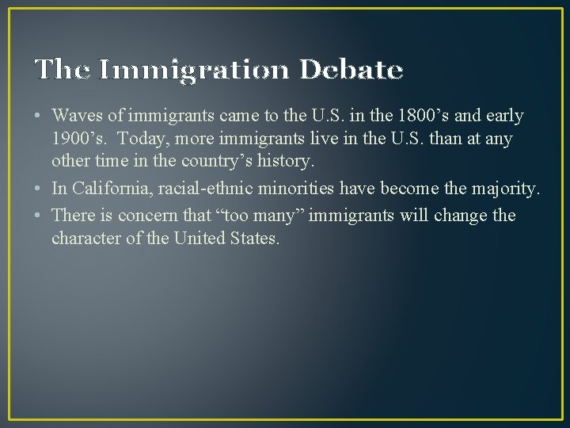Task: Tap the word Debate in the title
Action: pyautogui.click(x=351, y=71)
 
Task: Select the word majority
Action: pyautogui.click(x=509, y=189)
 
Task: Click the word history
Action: pyautogui.click(x=288, y=161)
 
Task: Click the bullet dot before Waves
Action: pyautogui.click(x=40, y=117)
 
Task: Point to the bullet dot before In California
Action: pyautogui.click(x=40, y=189)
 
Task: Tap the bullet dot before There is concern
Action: pyautogui.click(x=40, y=216)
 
